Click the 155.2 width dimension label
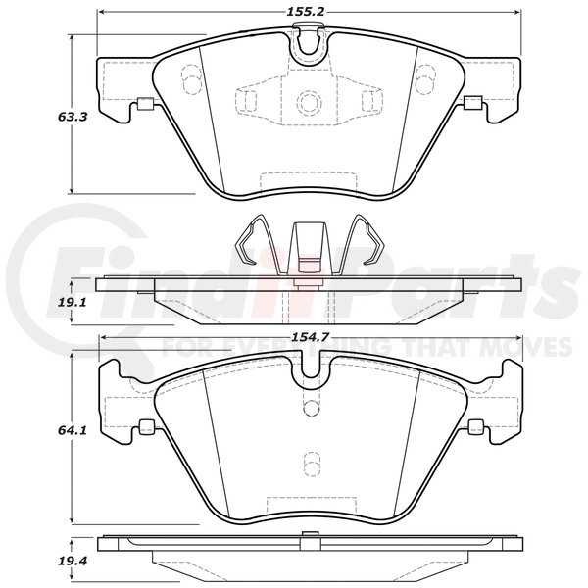[305, 12]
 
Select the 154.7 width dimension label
[310, 337]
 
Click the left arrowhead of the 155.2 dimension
[102, 12]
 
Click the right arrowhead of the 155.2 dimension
[517, 12]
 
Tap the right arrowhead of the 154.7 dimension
[518, 337]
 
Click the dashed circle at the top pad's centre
[309, 102]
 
